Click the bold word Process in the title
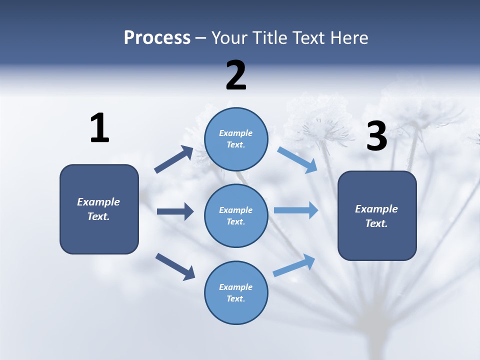[x=157, y=37]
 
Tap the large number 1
[x=99, y=128]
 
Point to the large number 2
[x=236, y=75]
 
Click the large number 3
[x=376, y=136]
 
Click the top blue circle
[x=236, y=139]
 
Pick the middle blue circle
[x=236, y=215]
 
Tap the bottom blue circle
[x=236, y=292]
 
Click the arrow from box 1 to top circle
[x=174, y=159]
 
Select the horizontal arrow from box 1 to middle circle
[x=175, y=211]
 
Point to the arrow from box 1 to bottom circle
[x=175, y=266]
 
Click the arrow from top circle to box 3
[x=297, y=160]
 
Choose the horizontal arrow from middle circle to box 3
[x=296, y=210]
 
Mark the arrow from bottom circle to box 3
[x=294, y=265]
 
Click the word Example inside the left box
[x=98, y=202]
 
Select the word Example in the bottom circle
[x=235, y=287]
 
